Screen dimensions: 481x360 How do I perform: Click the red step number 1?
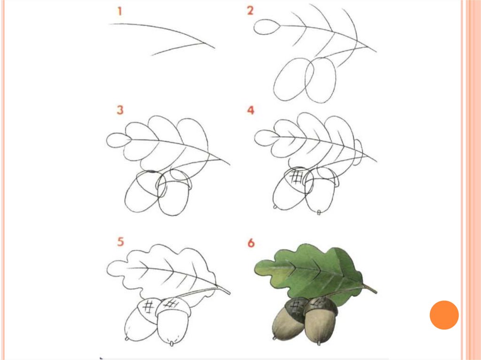point(120,12)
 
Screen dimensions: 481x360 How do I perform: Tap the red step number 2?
point(250,11)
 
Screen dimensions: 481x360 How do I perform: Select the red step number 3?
point(120,110)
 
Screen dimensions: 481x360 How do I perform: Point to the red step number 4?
point(251,110)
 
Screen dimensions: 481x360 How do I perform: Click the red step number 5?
point(120,242)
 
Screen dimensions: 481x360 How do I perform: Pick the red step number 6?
point(251,243)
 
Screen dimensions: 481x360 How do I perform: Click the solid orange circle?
point(444,315)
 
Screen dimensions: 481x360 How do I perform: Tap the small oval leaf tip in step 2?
point(267,27)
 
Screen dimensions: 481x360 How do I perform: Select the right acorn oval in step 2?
point(320,80)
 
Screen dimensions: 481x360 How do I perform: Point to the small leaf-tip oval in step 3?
point(119,141)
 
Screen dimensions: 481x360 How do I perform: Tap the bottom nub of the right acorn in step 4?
point(319,213)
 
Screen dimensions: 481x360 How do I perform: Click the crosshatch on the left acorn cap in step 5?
point(149,306)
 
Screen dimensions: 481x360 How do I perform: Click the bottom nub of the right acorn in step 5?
point(171,344)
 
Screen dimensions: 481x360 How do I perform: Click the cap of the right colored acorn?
point(320,306)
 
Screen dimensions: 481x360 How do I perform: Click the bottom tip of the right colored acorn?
point(319,343)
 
